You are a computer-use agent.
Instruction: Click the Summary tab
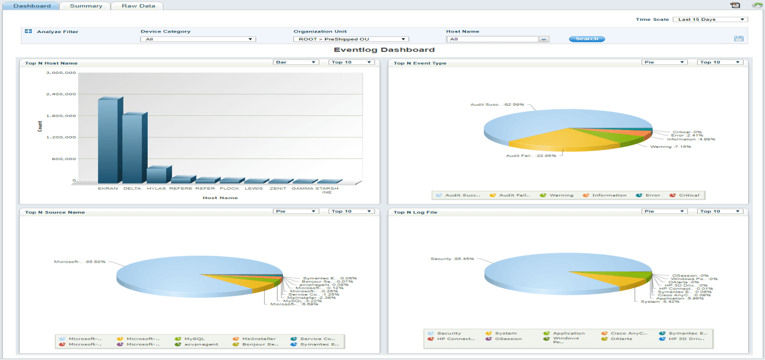[x=86, y=6]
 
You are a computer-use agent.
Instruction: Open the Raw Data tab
[x=137, y=6]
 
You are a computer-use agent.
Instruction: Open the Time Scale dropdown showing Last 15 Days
[x=710, y=20]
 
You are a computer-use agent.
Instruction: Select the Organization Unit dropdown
[x=351, y=39]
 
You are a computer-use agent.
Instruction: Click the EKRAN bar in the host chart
[x=108, y=140]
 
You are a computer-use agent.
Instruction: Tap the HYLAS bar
[x=157, y=175]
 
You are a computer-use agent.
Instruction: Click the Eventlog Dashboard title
[x=384, y=50]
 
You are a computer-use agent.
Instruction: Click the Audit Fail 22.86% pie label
[x=531, y=156]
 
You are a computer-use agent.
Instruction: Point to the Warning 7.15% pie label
[x=670, y=147]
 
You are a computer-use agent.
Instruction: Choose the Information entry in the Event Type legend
[x=609, y=195]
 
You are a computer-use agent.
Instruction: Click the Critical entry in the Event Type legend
[x=689, y=195]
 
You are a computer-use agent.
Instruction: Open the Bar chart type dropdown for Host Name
[x=296, y=62]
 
